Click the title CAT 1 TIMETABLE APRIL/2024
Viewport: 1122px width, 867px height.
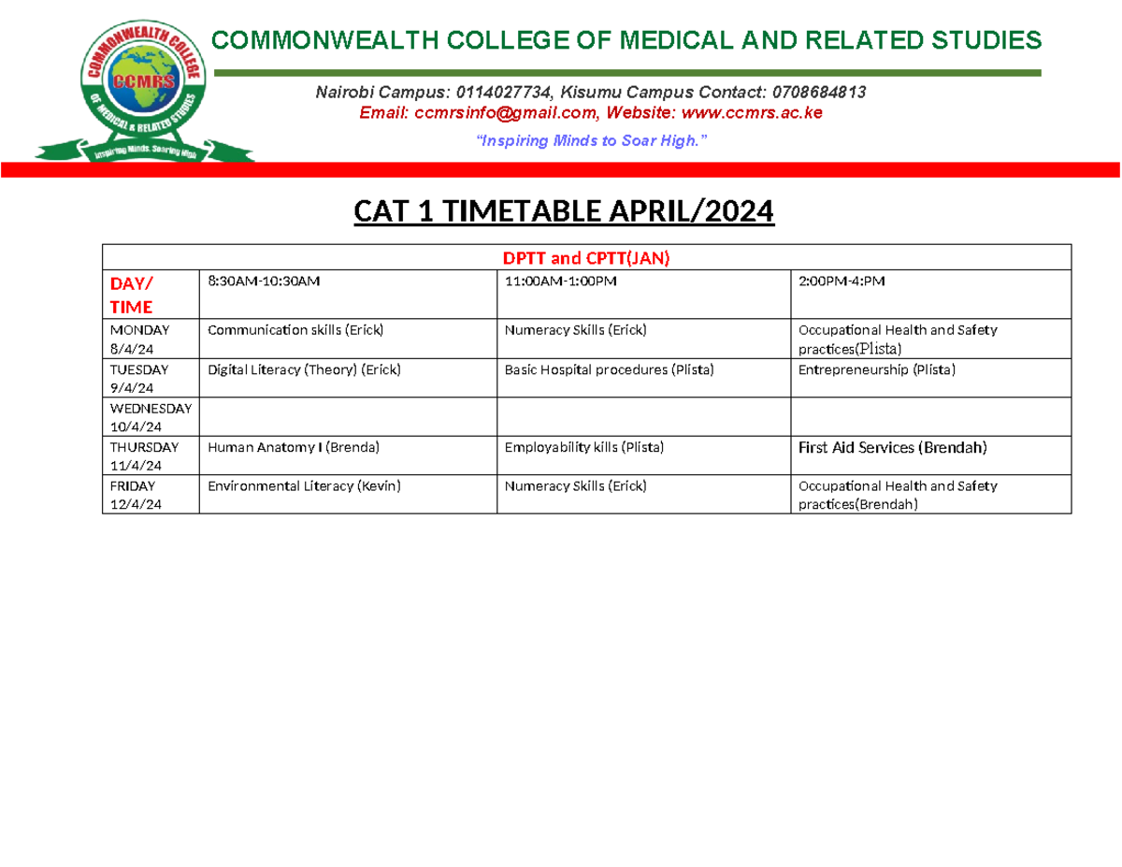coord(564,213)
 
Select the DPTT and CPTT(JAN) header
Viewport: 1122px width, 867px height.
coord(585,257)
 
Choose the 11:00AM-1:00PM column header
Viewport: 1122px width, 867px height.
coord(561,281)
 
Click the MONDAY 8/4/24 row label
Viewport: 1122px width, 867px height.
coord(139,339)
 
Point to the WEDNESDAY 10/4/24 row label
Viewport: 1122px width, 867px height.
coord(150,417)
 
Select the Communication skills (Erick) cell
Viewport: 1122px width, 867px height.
coord(295,330)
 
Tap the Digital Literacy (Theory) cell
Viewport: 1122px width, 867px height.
coord(303,370)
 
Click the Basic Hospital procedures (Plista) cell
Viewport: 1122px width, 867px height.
coord(609,370)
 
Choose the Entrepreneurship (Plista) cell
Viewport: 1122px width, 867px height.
coord(876,370)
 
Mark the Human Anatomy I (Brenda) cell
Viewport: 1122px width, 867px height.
coord(293,448)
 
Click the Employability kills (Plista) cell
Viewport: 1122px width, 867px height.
coord(583,448)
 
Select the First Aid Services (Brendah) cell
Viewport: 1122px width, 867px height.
coord(892,448)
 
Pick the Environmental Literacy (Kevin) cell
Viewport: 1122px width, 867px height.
coord(304,486)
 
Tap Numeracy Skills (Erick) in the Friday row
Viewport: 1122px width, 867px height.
coord(575,486)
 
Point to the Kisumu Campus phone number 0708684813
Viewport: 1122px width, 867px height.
coord(818,92)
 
